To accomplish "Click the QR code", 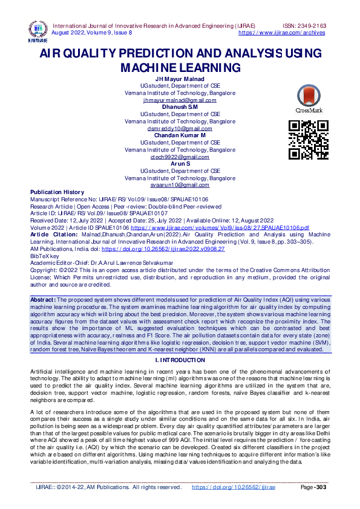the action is [x=309, y=140].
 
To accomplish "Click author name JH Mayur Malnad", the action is [x=180, y=79].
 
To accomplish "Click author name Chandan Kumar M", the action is [x=180, y=135].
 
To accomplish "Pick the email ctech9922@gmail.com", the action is [x=180, y=157].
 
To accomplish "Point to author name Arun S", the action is [x=180, y=164].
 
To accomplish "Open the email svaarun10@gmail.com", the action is [x=180, y=184].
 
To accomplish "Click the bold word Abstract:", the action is [x=44, y=300].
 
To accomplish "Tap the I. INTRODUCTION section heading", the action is [x=180, y=360].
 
